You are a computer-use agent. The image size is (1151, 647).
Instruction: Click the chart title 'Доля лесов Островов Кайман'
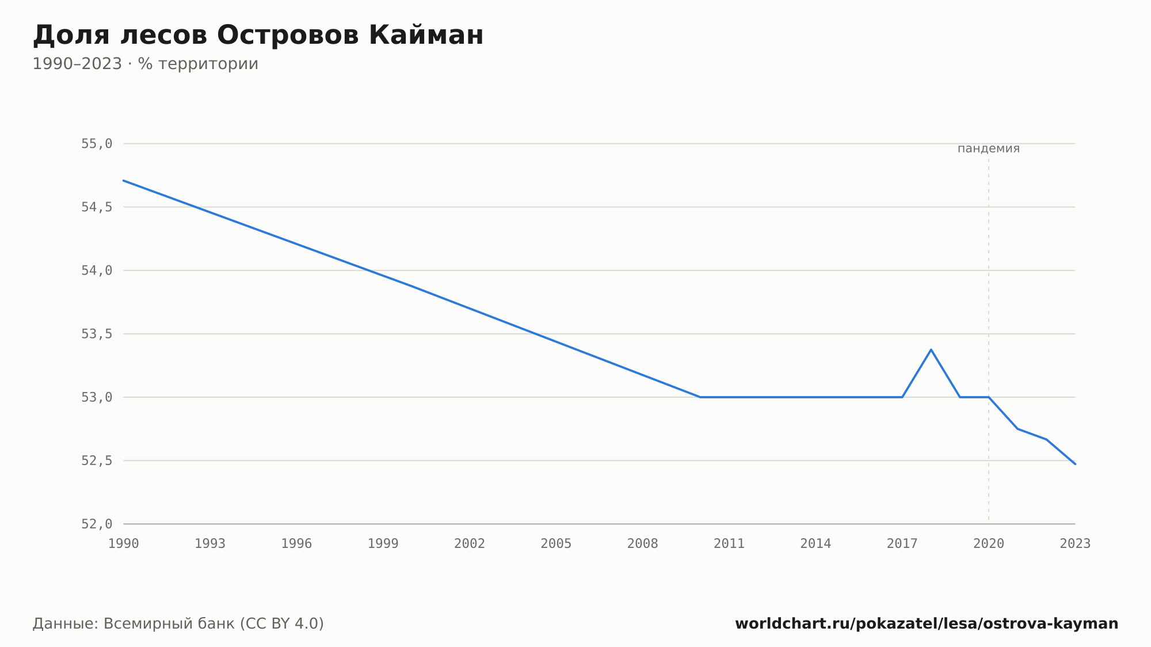click(x=258, y=36)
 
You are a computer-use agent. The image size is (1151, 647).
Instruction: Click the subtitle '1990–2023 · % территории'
click(x=145, y=64)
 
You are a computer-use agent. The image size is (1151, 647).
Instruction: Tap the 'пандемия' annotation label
click(x=988, y=149)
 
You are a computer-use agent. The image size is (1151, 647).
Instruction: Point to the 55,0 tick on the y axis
click(x=97, y=144)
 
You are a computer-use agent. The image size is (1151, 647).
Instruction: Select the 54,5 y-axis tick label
click(x=97, y=207)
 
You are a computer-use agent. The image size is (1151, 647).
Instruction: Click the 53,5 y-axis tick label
click(x=97, y=334)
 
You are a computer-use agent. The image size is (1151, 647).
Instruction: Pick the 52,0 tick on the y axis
click(x=97, y=524)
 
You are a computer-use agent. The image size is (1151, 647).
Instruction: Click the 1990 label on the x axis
click(x=124, y=544)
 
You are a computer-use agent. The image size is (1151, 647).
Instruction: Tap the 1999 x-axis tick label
click(x=383, y=544)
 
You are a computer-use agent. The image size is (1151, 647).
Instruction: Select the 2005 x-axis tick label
click(x=556, y=544)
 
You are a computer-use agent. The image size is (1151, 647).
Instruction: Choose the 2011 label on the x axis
click(x=729, y=544)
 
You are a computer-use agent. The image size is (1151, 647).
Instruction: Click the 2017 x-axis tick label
click(x=902, y=544)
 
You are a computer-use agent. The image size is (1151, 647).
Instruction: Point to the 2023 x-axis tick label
click(x=1075, y=544)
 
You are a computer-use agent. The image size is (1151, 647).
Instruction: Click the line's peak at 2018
click(x=931, y=349)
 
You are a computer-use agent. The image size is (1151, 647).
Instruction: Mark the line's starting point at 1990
click(x=124, y=181)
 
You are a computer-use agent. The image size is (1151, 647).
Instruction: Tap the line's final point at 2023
click(x=1075, y=464)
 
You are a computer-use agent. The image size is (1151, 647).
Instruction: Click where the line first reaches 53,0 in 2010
click(x=700, y=397)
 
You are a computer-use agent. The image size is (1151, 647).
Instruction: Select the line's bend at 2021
click(x=1017, y=429)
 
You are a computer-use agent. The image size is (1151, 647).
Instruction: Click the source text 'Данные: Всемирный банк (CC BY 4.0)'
click(x=178, y=624)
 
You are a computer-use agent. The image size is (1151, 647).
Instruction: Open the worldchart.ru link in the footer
click(x=927, y=624)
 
